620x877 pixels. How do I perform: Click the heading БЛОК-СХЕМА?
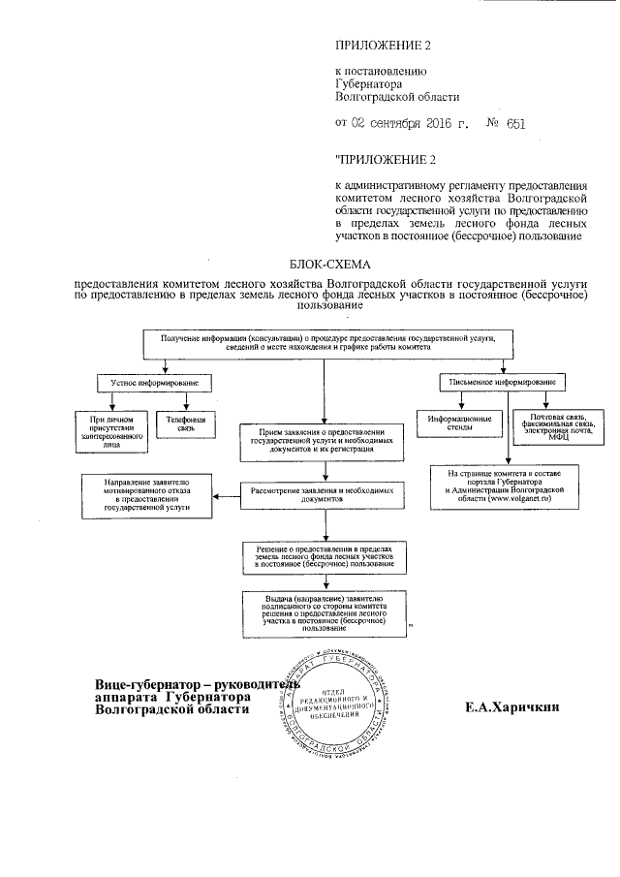coord(330,263)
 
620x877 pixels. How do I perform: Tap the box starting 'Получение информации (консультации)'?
coord(321,343)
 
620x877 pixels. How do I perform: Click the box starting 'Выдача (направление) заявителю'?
coord(324,614)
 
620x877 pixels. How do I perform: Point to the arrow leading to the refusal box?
coord(227,497)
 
